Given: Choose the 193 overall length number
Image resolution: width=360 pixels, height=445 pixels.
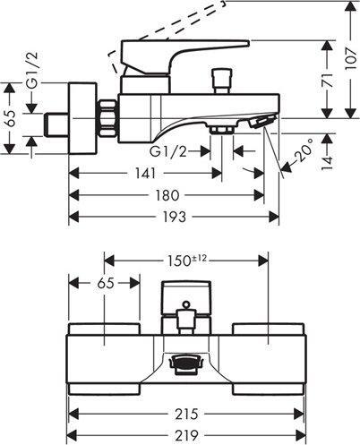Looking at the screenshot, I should pyautogui.click(x=172, y=217).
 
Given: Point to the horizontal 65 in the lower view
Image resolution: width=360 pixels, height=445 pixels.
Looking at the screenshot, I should pyautogui.click(x=104, y=284).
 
